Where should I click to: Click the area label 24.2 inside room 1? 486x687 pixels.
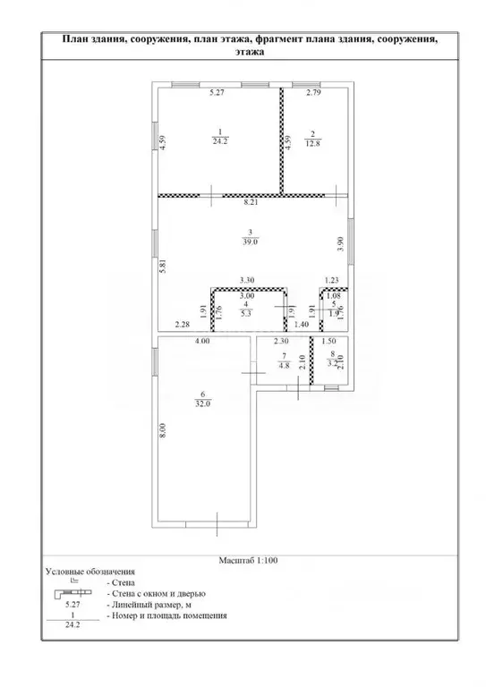(220, 141)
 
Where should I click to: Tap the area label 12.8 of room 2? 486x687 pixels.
(312, 143)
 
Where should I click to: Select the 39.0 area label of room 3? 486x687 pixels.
(250, 241)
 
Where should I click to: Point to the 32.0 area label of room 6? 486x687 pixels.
(203, 404)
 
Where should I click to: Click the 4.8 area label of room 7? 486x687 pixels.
(284, 366)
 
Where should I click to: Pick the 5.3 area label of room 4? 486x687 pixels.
(246, 313)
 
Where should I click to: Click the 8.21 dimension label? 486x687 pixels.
(252, 202)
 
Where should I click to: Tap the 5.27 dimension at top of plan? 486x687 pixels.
(217, 92)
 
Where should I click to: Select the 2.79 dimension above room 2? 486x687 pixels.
(313, 92)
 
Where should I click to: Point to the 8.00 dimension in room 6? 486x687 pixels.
(164, 430)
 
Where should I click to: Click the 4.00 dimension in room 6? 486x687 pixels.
(203, 341)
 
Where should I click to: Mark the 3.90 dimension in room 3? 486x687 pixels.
(342, 244)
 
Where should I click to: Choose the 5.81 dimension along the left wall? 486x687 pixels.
(163, 267)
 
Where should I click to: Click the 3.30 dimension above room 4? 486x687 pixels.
(247, 280)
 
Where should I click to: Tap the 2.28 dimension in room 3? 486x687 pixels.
(182, 325)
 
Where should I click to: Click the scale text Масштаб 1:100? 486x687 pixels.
(248, 560)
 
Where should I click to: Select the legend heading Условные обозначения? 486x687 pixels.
(90, 572)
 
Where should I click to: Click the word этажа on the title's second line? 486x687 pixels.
(250, 52)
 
